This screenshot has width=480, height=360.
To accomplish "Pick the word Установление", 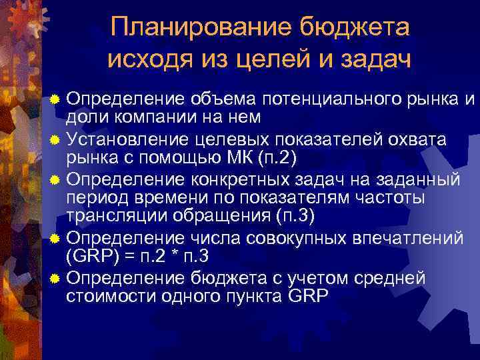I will (x=119, y=140).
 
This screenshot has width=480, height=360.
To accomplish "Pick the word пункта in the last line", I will (x=255, y=297).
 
